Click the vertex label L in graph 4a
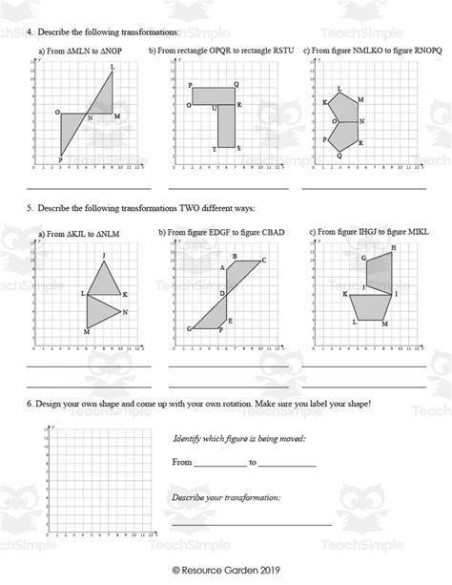tap(113, 66)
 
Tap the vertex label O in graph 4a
tap(57, 112)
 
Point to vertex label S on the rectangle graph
tap(237, 147)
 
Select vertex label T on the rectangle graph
tap(215, 148)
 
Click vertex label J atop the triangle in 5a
tap(103, 255)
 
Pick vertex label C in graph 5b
tap(263, 260)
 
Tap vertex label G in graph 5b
tap(189, 328)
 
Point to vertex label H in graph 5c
tap(392, 246)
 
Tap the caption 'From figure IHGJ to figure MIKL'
tap(367, 232)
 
